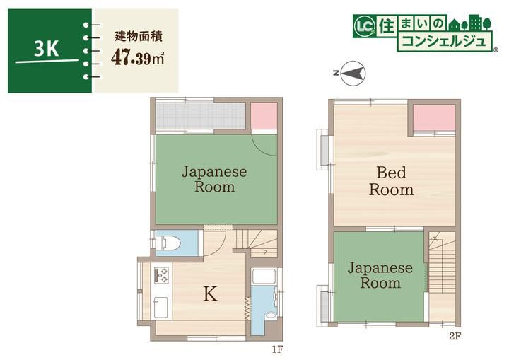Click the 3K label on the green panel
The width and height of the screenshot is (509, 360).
47,50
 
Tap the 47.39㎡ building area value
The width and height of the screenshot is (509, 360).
137,58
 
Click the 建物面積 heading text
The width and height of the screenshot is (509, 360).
139,36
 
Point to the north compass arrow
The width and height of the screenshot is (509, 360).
353,73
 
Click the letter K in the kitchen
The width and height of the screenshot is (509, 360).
210,294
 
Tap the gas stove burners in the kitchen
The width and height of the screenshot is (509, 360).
161,275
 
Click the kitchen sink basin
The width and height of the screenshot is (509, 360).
160,308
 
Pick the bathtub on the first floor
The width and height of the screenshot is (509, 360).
264,276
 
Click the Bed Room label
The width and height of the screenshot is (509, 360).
392,181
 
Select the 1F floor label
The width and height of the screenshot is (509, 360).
278,349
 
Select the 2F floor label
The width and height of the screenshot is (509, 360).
455,336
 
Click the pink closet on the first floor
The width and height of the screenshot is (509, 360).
264,116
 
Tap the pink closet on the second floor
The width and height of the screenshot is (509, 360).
434,117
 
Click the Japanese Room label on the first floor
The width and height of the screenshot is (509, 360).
214,179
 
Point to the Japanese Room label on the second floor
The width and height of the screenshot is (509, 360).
380,275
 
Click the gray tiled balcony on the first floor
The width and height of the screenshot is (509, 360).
200,116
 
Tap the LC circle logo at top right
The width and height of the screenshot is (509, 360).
365,26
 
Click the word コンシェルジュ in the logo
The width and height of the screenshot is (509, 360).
444,42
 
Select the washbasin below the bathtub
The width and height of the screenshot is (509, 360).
269,315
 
